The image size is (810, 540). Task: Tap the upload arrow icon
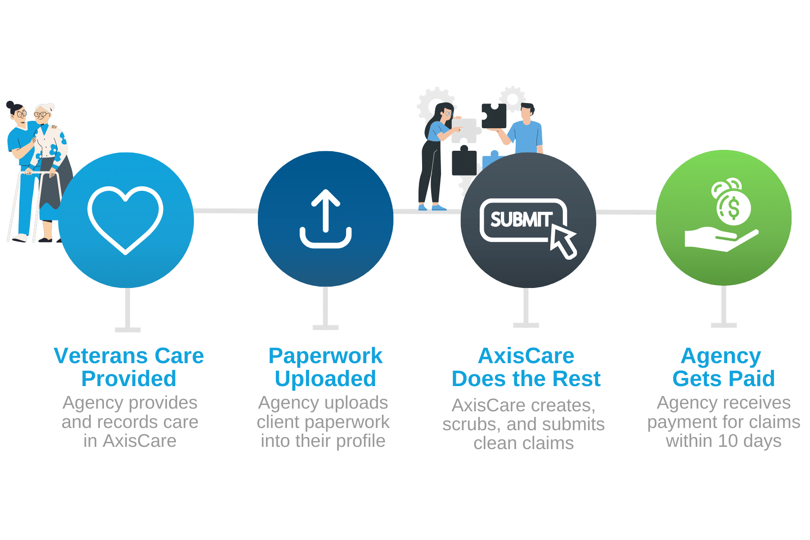coord(326,219)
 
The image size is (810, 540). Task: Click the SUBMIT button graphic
coord(522,220)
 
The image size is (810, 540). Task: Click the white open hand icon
coord(715,238)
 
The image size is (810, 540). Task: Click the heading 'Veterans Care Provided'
coord(129,367)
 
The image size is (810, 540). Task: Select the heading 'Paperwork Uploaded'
coord(325,367)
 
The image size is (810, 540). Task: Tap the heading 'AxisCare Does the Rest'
coord(526,367)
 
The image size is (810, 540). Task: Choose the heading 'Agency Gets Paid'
coord(723,367)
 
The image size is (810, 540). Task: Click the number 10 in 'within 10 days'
coord(728,441)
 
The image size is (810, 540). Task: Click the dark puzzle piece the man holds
coord(494,116)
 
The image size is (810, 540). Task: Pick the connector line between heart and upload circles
coord(225,211)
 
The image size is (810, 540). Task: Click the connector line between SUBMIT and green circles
coord(625,212)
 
